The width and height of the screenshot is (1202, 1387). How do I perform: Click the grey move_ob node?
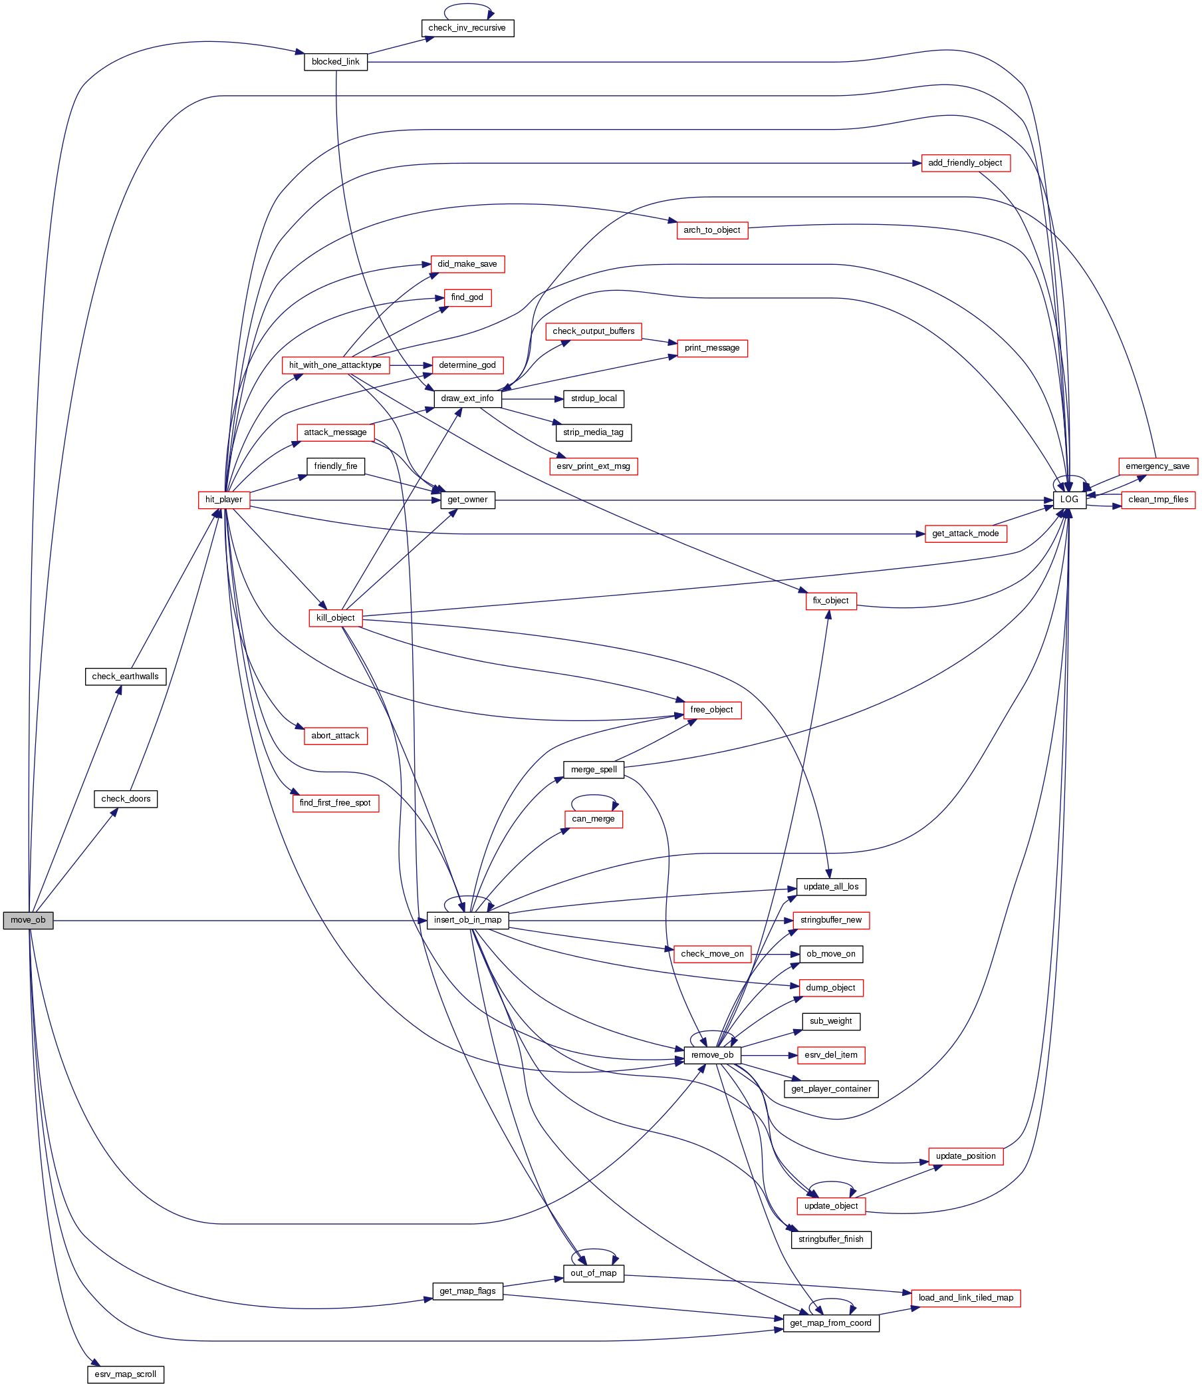pyautogui.click(x=28, y=920)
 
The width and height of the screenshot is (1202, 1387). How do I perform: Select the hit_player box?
pyautogui.click(x=224, y=500)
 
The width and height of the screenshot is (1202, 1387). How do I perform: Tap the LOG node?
pyautogui.click(x=1069, y=500)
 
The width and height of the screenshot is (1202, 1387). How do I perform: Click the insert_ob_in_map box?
pyautogui.click(x=467, y=920)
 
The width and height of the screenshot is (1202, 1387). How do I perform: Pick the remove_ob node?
pyautogui.click(x=712, y=1055)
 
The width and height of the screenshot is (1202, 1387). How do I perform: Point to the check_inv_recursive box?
pyautogui.click(x=467, y=28)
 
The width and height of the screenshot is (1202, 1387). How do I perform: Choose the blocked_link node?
pyautogui.click(x=335, y=62)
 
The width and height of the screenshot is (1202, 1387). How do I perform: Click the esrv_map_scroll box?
pyautogui.click(x=126, y=1374)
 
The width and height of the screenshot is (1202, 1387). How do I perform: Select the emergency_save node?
pyautogui.click(x=1157, y=466)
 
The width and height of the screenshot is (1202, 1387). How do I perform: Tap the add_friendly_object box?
pyautogui.click(x=965, y=163)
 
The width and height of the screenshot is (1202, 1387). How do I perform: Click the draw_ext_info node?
pyautogui.click(x=467, y=398)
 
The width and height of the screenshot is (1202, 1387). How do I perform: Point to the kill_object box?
pyautogui.click(x=335, y=618)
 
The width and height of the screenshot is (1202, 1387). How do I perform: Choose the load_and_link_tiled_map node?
pyautogui.click(x=966, y=1298)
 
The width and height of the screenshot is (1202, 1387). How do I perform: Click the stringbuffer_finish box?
pyautogui.click(x=831, y=1239)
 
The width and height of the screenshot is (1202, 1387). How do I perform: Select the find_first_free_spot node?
pyautogui.click(x=335, y=802)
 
